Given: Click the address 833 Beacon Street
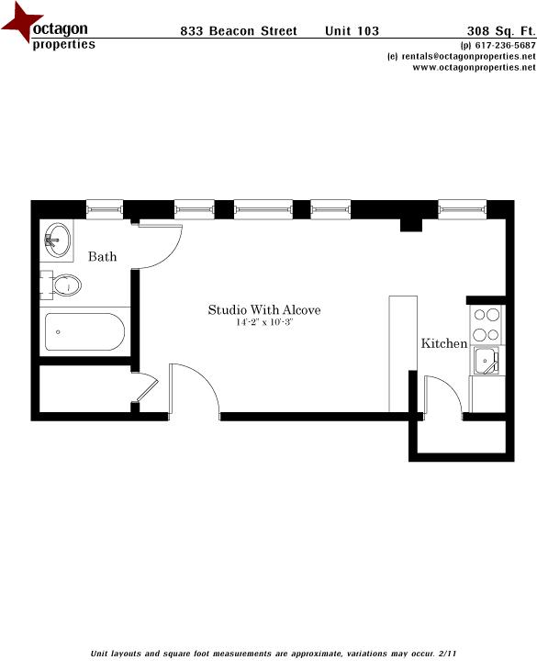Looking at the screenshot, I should [x=239, y=31].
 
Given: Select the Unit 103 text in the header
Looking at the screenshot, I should [x=352, y=31].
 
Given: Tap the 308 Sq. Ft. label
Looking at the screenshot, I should [x=501, y=31].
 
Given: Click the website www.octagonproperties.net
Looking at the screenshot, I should [x=468, y=67].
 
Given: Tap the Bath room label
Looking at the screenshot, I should [x=102, y=257].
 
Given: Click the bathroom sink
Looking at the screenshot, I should [x=57, y=241].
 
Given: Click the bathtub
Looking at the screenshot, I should [x=84, y=331].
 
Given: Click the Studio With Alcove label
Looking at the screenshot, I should [x=264, y=310].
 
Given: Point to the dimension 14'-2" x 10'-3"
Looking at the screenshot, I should [x=264, y=322].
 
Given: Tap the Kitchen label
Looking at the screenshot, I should [x=444, y=344].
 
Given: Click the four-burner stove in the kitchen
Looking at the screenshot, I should [x=486, y=325].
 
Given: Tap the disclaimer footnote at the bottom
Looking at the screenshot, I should [x=273, y=654].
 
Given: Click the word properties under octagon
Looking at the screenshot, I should [x=63, y=45].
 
